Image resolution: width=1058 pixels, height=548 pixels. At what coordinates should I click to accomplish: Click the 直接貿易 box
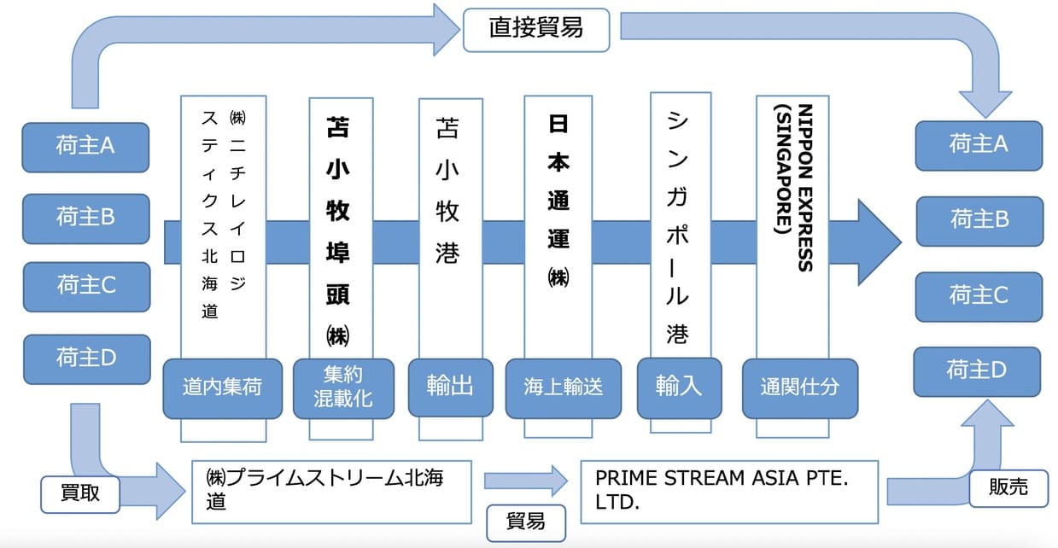[536, 28]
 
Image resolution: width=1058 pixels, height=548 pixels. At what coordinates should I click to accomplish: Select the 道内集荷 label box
[222, 387]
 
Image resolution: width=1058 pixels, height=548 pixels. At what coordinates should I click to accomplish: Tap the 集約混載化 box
[343, 387]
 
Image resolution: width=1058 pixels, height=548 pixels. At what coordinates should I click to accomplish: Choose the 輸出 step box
[450, 386]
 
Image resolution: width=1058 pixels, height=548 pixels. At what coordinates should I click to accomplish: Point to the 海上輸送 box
[563, 387]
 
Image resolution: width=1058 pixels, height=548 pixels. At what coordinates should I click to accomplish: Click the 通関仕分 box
[799, 387]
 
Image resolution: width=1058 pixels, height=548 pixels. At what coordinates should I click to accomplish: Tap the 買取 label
[81, 494]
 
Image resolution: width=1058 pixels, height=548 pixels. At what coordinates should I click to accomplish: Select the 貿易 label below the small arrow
[525, 520]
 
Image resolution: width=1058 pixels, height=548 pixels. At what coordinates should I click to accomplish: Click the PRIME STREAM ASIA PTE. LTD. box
[728, 492]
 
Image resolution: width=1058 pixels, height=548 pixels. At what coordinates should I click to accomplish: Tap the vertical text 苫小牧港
[448, 192]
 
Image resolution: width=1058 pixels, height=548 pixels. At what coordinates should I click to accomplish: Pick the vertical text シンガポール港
[677, 226]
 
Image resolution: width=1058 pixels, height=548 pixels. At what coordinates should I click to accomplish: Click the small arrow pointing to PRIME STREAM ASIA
[525, 481]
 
